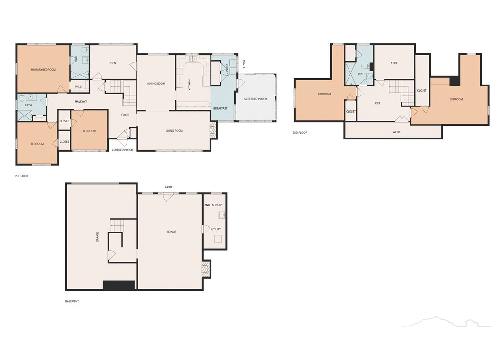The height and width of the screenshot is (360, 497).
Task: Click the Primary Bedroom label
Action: (x=43, y=70)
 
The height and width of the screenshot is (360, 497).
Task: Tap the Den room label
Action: (x=113, y=63)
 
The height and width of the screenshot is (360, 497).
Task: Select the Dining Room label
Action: (x=156, y=84)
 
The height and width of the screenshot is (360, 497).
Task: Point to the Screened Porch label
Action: (x=256, y=99)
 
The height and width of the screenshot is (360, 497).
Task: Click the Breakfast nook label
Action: (x=220, y=109)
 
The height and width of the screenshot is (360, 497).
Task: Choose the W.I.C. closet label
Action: (x=79, y=87)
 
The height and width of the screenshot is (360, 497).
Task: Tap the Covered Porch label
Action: (x=122, y=150)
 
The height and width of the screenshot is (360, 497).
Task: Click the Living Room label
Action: (x=174, y=131)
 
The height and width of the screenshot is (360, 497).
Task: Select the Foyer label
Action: (x=125, y=115)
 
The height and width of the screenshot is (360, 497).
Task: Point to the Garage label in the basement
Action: (x=97, y=237)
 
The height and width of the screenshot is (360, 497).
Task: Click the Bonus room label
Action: (x=171, y=232)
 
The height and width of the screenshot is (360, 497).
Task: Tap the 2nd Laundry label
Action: (x=213, y=205)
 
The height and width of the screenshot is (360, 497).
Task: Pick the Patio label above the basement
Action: (x=169, y=187)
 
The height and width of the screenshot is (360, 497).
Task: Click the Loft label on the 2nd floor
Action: (x=377, y=103)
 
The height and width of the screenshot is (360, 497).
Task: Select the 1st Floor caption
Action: (x=21, y=176)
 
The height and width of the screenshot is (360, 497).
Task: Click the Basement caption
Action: (x=72, y=301)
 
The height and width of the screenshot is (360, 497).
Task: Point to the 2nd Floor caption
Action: (x=300, y=133)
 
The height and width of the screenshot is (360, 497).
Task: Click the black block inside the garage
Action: (x=119, y=285)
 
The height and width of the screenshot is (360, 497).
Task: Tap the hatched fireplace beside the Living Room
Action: (x=213, y=129)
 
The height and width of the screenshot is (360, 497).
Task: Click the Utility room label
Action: (x=216, y=229)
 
